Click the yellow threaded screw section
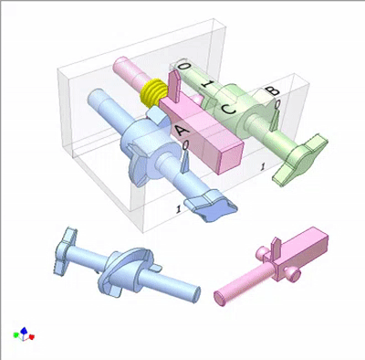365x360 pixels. point(153,91)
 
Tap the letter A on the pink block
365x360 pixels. point(182,131)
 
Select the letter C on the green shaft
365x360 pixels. point(228,109)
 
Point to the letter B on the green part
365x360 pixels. point(272,90)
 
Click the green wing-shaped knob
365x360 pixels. point(300,160)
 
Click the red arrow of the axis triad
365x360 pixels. point(31,336)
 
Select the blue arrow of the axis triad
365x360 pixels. point(24,331)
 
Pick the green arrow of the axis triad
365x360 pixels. point(16,335)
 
